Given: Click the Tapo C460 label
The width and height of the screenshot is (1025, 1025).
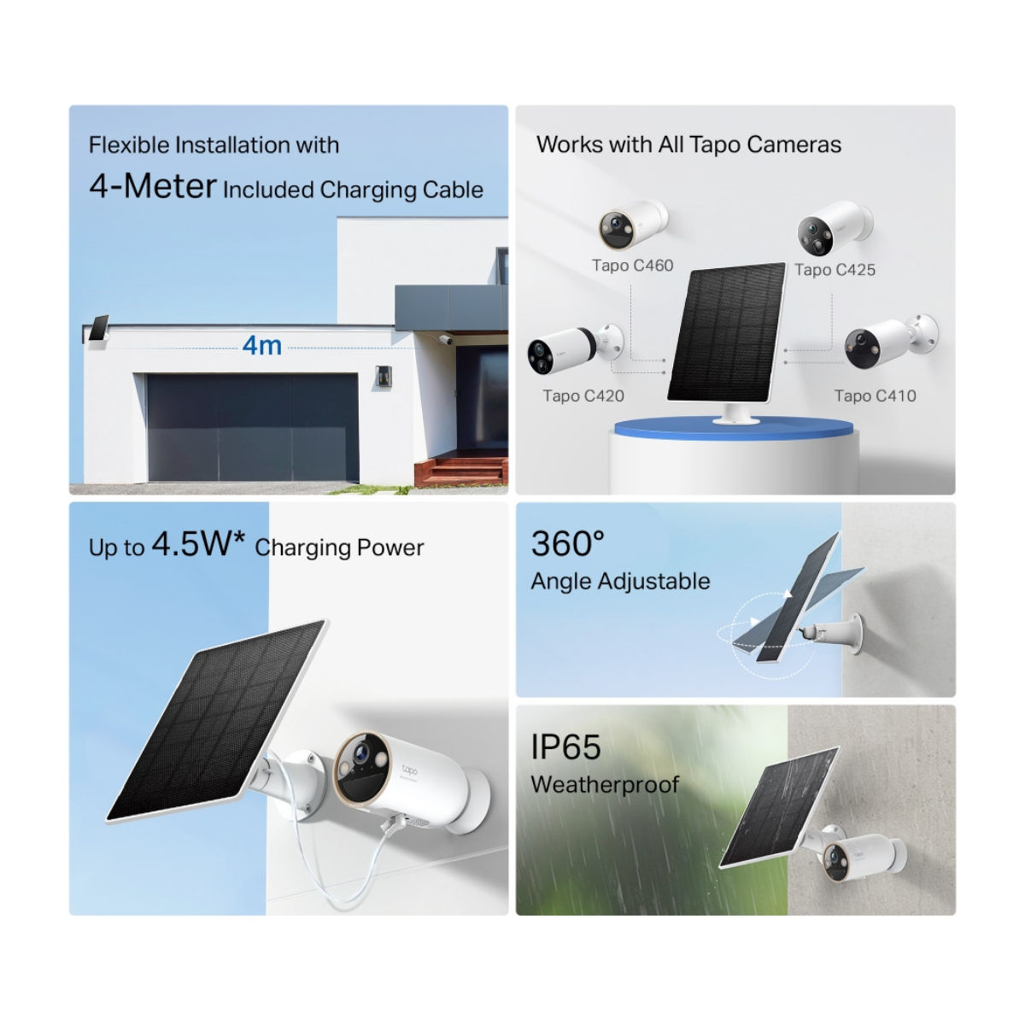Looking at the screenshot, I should click(x=632, y=266).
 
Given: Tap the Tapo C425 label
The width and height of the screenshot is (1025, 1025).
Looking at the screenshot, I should click(x=835, y=270).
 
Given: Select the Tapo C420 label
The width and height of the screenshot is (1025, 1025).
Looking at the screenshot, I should click(x=583, y=396).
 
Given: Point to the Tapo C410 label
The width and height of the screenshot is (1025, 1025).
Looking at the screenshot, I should click(x=875, y=396).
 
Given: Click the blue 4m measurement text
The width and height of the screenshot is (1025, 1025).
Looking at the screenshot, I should click(x=261, y=345).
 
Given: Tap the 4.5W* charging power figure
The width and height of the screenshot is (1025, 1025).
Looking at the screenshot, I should click(x=198, y=544).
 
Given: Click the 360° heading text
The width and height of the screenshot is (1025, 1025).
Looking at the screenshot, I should click(x=567, y=544).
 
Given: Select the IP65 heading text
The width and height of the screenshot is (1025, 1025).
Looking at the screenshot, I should click(x=565, y=747).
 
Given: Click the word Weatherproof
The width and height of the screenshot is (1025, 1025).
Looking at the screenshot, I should click(x=605, y=784).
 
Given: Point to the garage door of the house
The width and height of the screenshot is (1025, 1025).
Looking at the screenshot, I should click(x=252, y=427).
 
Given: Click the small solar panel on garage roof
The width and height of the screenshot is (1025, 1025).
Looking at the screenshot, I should click(x=97, y=330).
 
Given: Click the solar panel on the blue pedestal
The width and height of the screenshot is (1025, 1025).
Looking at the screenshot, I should click(x=726, y=333).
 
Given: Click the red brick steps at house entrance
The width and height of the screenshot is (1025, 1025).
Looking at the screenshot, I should click(x=460, y=471).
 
